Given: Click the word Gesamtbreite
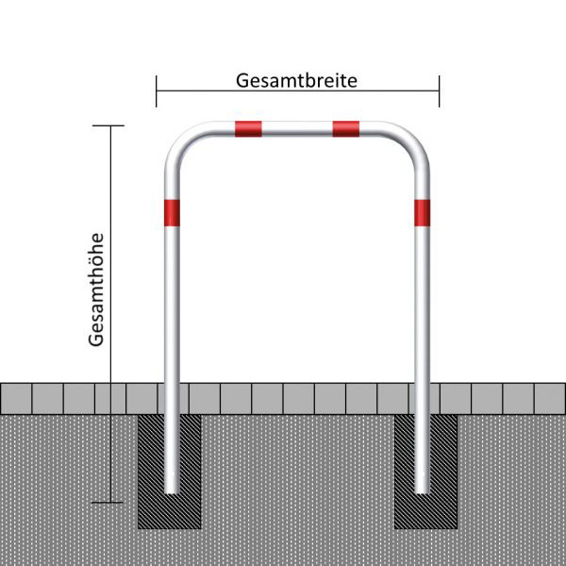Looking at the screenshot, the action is pyautogui.click(x=296, y=81).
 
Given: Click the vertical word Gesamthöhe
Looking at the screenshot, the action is pyautogui.click(x=96, y=290).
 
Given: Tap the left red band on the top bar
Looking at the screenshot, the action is pyautogui.click(x=248, y=129).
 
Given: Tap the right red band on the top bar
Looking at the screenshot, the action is pyautogui.click(x=346, y=129).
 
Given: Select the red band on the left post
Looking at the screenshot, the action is pyautogui.click(x=172, y=213).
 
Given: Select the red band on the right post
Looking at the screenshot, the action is pyautogui.click(x=422, y=213).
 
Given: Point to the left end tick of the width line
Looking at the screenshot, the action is pyautogui.click(x=157, y=92).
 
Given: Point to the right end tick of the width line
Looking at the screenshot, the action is pyautogui.click(x=440, y=92).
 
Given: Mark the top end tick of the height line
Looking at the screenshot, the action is pyautogui.click(x=108, y=125).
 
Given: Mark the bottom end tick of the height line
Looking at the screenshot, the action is pyautogui.click(x=108, y=502).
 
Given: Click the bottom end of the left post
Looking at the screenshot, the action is pyautogui.click(x=172, y=492).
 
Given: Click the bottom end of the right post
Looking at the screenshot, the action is pyautogui.click(x=422, y=492).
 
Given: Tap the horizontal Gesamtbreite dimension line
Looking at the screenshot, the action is pyautogui.click(x=298, y=91).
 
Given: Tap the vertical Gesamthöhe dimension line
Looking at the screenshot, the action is pyautogui.click(x=110, y=314).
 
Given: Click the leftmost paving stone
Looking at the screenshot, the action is pyautogui.click(x=16, y=398).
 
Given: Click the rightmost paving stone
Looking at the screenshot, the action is pyautogui.click(x=550, y=398).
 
